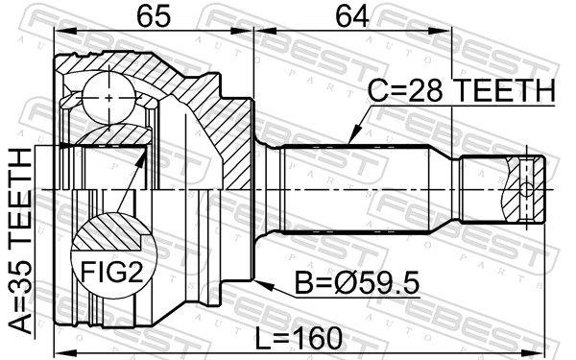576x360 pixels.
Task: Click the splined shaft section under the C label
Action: click(x=355, y=187)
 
